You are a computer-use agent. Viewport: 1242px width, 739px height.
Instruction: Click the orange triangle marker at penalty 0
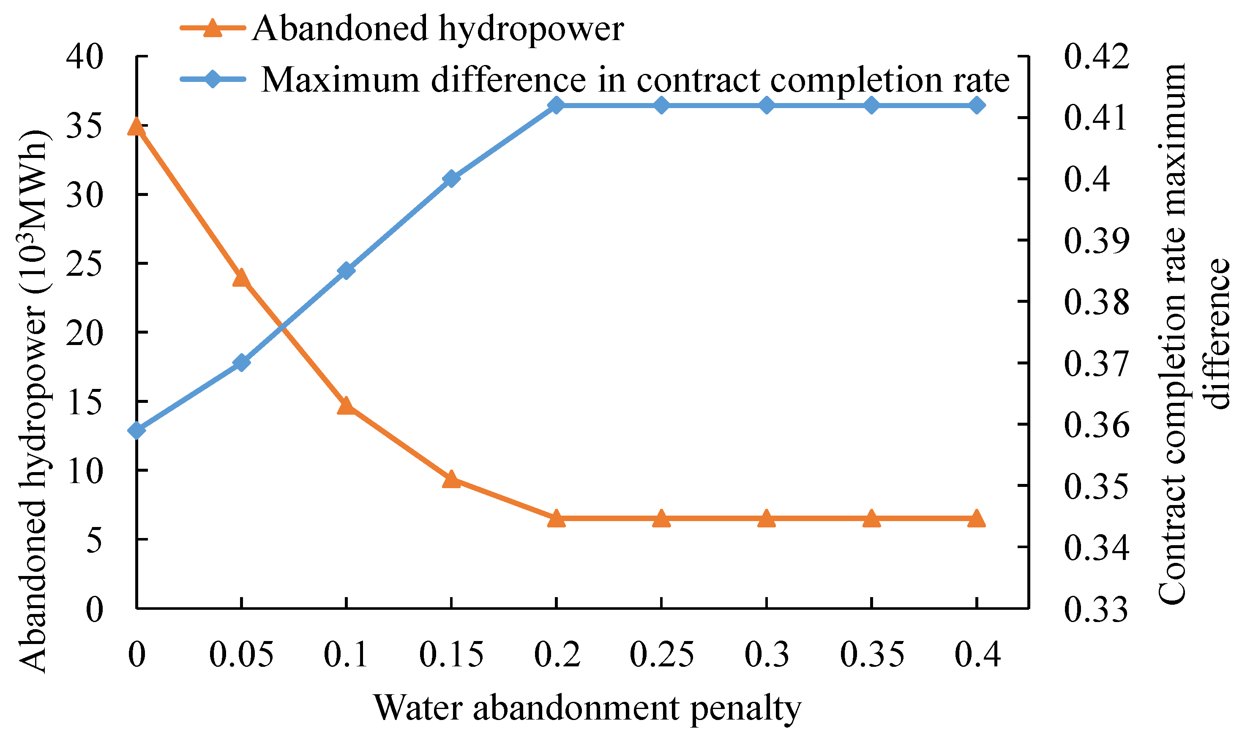click(x=136, y=127)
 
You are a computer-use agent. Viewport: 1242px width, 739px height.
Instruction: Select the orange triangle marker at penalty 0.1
click(x=346, y=406)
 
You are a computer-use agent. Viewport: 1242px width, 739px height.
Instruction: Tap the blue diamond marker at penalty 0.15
click(x=451, y=178)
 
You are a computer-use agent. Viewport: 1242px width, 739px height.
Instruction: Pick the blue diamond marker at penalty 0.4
click(x=977, y=106)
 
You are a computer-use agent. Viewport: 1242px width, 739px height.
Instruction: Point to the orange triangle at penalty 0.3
click(x=767, y=519)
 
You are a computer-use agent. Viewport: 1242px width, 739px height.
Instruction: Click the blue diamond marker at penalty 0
click(x=136, y=430)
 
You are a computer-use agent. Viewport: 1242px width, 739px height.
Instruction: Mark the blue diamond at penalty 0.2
click(x=556, y=106)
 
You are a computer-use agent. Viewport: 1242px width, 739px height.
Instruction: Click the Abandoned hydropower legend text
click(x=437, y=28)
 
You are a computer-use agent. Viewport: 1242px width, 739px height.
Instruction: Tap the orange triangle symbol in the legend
click(x=213, y=27)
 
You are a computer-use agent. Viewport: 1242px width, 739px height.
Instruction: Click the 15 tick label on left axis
click(x=84, y=402)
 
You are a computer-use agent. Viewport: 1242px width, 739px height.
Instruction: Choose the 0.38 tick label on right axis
click(x=1096, y=302)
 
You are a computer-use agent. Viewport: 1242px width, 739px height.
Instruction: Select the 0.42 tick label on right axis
click(x=1096, y=56)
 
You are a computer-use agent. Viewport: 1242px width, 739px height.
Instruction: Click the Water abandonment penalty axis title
click(x=587, y=708)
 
